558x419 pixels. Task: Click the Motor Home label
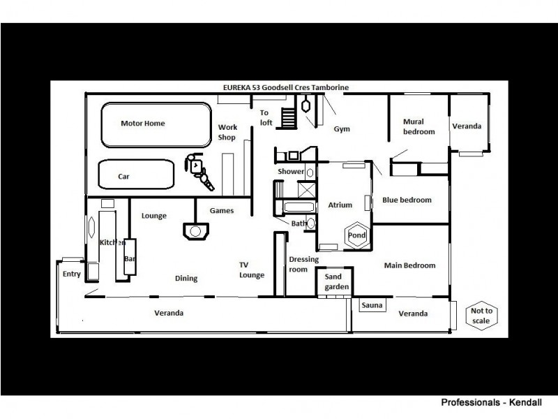[x=143, y=124]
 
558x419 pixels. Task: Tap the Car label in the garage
[x=123, y=177]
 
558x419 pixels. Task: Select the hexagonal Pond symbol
[x=356, y=236]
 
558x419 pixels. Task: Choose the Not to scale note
[x=481, y=316]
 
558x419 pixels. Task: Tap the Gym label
[x=341, y=129]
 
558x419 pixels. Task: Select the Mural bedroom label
[x=418, y=126]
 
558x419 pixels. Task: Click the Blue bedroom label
[x=407, y=200]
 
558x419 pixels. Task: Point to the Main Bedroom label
[x=409, y=265]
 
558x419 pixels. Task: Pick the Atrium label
[x=340, y=205]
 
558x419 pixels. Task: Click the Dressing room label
[x=303, y=264]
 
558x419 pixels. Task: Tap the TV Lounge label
[x=252, y=270]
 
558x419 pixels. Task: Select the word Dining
[x=186, y=279]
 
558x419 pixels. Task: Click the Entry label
[x=72, y=274]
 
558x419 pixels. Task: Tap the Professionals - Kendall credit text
[x=490, y=403]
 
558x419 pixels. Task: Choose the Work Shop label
[x=228, y=132]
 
